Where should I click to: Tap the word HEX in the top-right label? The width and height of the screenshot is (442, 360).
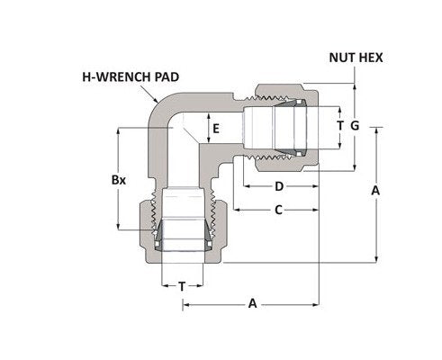[x=371, y=57]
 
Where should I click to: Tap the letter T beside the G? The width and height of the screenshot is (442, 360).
[x=338, y=126]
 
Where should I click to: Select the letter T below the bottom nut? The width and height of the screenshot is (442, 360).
[x=182, y=285]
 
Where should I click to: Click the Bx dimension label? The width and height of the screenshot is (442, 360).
[x=118, y=179]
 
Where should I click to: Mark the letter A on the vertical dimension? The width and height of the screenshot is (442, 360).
[x=375, y=191]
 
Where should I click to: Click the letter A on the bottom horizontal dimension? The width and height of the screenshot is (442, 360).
[x=252, y=304]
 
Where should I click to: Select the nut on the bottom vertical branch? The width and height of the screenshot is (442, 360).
[x=182, y=236]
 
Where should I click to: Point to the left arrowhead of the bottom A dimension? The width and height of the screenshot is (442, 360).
[x=187, y=304]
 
